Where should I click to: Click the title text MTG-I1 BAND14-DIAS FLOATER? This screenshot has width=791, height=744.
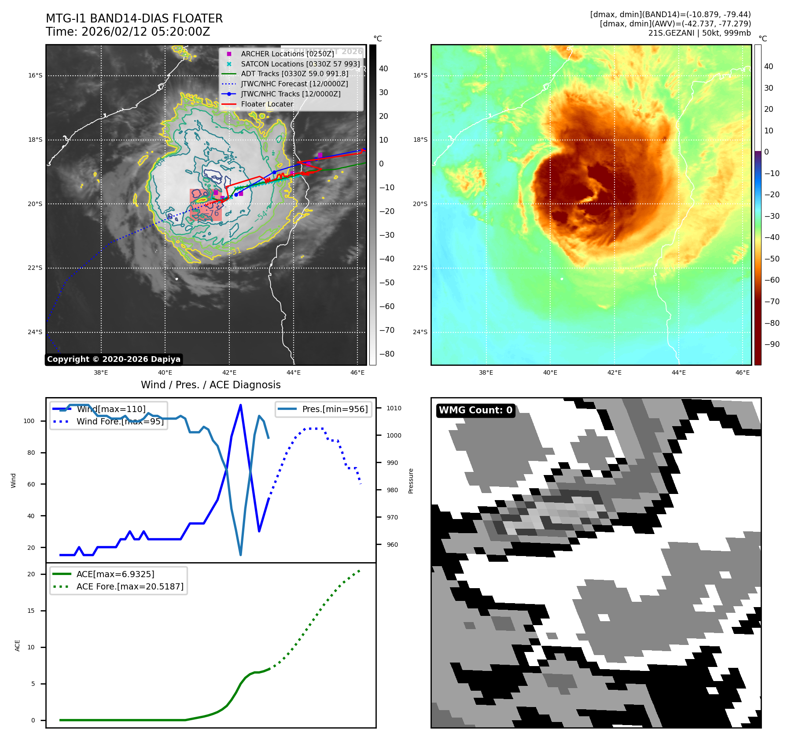coord(134,18)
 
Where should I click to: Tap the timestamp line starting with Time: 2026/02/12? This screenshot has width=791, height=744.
coord(128,32)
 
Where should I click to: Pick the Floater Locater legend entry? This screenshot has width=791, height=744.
coord(267,104)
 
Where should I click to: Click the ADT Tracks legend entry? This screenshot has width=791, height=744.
coord(294,74)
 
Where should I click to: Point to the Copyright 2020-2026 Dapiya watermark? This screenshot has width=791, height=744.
coord(114,359)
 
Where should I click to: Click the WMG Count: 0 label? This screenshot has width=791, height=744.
coord(475,410)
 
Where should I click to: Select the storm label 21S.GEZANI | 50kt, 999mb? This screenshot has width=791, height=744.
coord(699,33)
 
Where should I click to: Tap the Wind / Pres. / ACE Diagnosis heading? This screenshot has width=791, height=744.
coord(210,385)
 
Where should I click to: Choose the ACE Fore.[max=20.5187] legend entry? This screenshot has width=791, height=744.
coord(130,586)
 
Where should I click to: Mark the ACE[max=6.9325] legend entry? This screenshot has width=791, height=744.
coord(115,574)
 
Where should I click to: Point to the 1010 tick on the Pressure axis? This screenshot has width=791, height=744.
coord(394,408)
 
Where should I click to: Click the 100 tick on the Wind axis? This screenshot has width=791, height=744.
coord(29,421)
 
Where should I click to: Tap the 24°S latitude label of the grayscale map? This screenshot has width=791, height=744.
coord(35,332)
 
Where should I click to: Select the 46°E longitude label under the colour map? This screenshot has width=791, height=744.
coord(743,372)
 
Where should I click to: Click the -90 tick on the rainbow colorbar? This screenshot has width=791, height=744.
coord(772,344)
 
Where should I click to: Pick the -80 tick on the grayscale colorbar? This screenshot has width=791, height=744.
coord(387,354)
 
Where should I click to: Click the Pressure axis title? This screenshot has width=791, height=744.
coord(411,481)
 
